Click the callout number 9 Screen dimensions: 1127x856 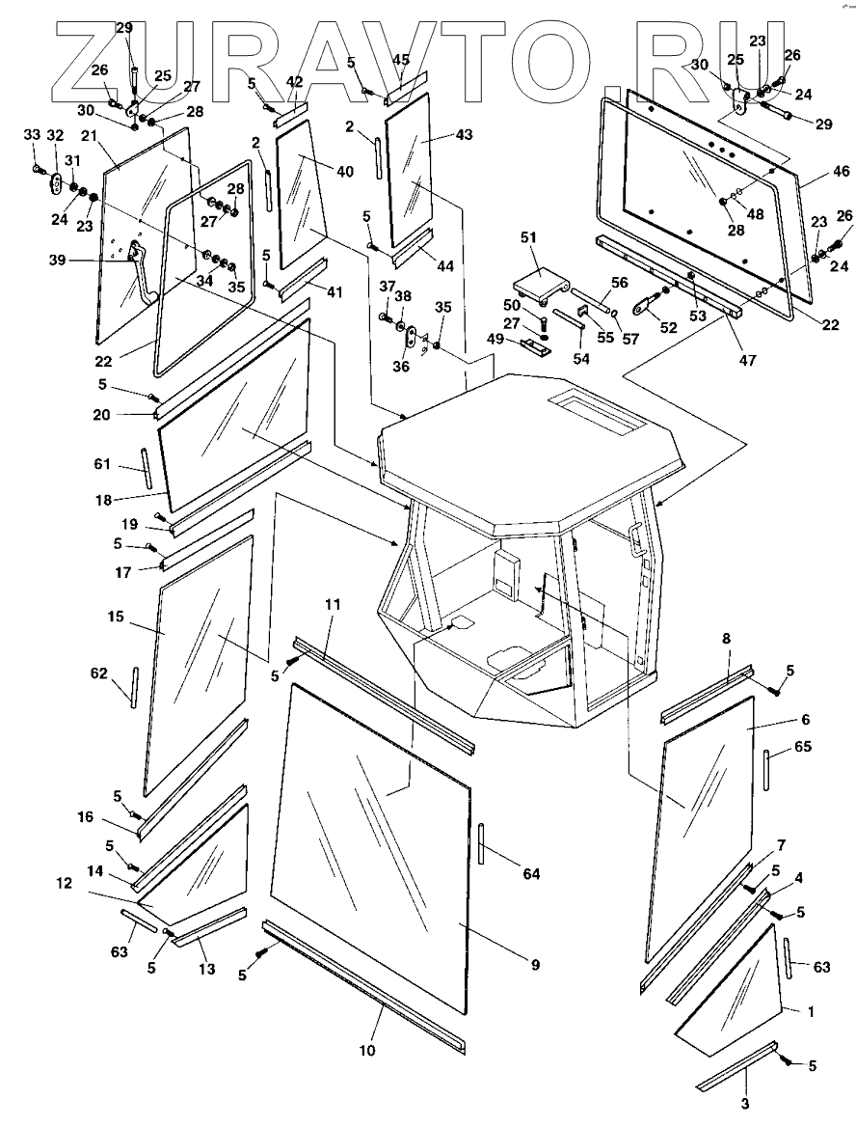tap(533, 962)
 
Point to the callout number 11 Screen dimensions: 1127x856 tap(333, 605)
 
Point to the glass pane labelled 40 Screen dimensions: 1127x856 tap(299, 193)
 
